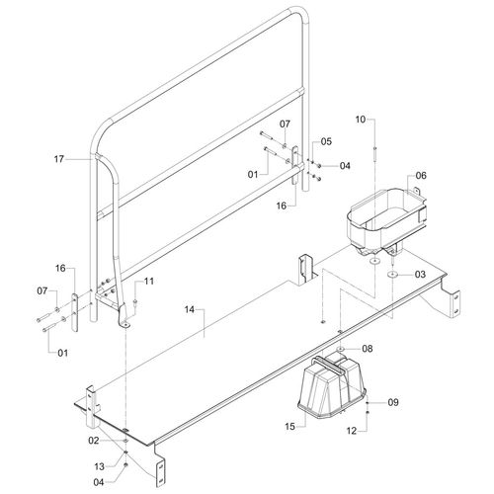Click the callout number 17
(x=58, y=159)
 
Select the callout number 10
(x=361, y=120)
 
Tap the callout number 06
(x=421, y=176)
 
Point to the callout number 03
(x=420, y=274)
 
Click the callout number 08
(x=368, y=348)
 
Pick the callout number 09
(x=393, y=402)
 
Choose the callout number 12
(x=352, y=431)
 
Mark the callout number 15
(x=289, y=427)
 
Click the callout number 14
(x=190, y=309)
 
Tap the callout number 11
(x=149, y=281)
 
